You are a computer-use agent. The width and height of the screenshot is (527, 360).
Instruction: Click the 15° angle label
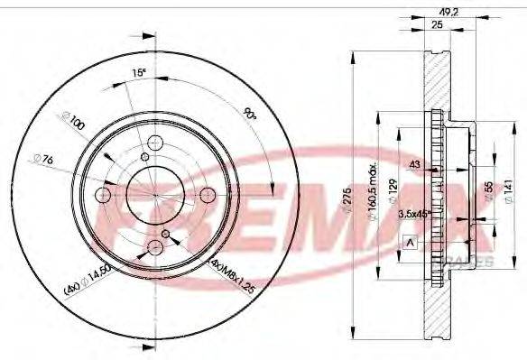[138, 72]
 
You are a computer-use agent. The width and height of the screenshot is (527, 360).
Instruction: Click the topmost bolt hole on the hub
[154, 142]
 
